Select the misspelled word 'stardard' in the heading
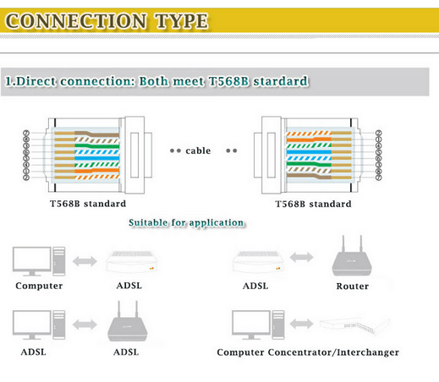(275, 82)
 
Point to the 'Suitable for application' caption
(186, 223)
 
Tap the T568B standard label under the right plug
(314, 204)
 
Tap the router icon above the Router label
(349, 257)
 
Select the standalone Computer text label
(39, 286)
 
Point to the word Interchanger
(362, 352)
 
